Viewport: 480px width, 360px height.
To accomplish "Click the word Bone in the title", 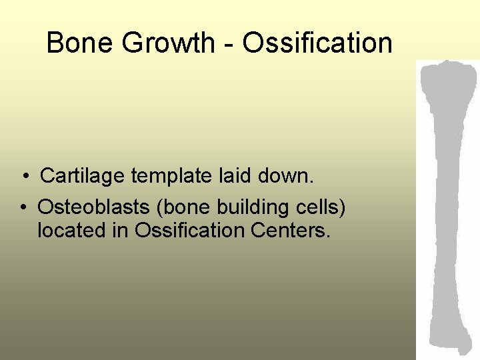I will tap(75, 43).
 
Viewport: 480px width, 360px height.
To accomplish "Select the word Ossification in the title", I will tap(317, 43).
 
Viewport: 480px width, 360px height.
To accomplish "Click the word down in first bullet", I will tap(287, 176).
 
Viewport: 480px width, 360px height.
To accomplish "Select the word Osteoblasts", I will tap(94, 207).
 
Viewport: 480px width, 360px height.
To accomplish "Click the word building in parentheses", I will tap(256, 208).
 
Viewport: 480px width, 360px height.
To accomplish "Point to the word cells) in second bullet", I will tap(322, 207).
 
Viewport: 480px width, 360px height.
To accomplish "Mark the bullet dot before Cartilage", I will tap(23, 177).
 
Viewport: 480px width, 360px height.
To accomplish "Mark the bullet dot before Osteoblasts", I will tap(23, 207).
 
